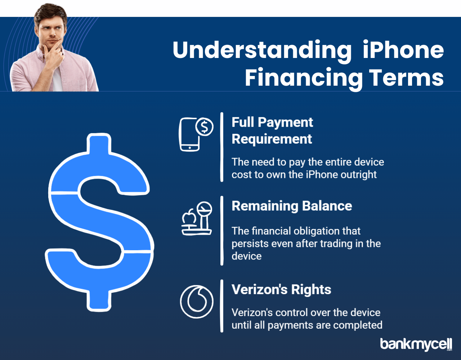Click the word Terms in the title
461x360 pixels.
click(406, 77)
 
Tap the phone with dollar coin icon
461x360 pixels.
click(196, 134)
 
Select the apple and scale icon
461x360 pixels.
click(197, 218)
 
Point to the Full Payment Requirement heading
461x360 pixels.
click(272, 130)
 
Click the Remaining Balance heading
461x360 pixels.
click(292, 206)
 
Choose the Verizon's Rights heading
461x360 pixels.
click(281, 289)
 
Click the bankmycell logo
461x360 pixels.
click(416, 344)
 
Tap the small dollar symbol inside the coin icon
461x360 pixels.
click(205, 127)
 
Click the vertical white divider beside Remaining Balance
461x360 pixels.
click(222, 231)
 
